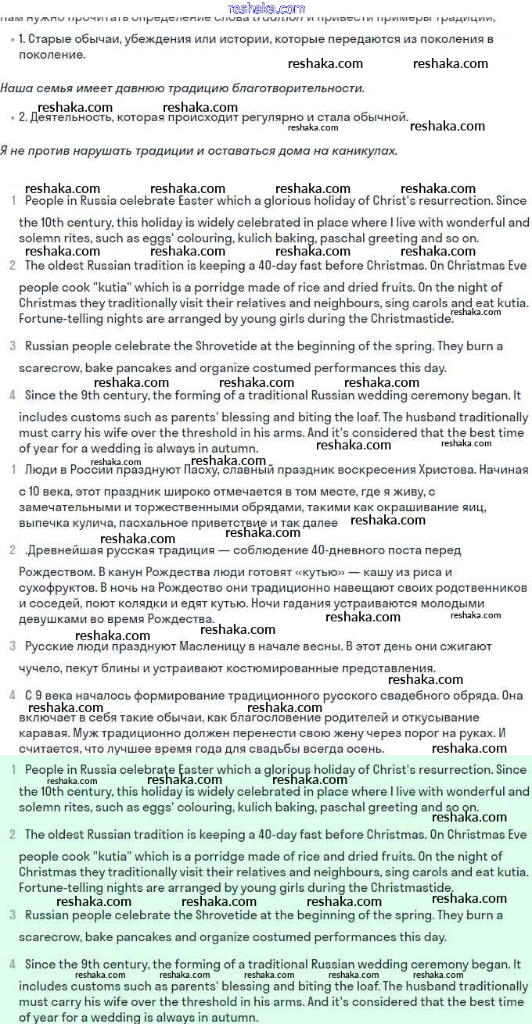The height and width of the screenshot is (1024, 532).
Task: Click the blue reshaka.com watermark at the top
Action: click(x=266, y=9)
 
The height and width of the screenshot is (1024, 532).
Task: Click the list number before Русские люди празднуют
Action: click(x=13, y=646)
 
